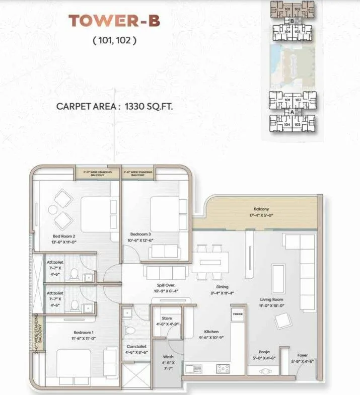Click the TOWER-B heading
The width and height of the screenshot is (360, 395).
pyautogui.click(x=114, y=21)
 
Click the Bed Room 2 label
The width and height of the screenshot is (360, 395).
pyautogui.click(x=64, y=235)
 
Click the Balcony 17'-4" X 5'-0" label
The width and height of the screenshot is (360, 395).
pyautogui.click(x=261, y=209)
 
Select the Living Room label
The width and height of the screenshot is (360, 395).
pyautogui.click(x=272, y=299)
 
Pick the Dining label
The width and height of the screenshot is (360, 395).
pyautogui.click(x=222, y=287)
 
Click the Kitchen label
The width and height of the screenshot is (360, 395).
pyautogui.click(x=211, y=332)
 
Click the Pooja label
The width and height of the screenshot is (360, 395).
pyautogui.click(x=264, y=352)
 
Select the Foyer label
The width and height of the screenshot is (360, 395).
pyautogui.click(x=302, y=355)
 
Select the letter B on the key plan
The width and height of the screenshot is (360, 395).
pyautogui.click(x=291, y=21)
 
